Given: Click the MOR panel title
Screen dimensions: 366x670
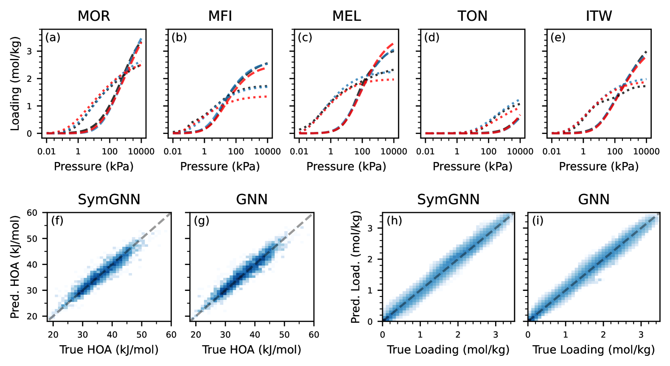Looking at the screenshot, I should click(x=94, y=16).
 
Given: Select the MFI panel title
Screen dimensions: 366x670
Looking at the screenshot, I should click(x=220, y=16).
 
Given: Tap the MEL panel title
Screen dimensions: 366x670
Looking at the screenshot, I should click(x=346, y=16).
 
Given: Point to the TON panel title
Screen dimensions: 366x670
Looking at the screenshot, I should click(x=472, y=16).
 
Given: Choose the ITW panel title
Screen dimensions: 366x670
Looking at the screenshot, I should click(x=599, y=16).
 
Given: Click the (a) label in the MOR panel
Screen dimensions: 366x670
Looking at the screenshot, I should click(x=53, y=38).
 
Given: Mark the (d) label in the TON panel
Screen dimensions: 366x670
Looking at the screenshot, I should click(x=432, y=38).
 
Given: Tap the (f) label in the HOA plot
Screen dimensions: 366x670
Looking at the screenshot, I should click(x=57, y=221).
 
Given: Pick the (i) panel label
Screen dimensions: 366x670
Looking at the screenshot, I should click(x=538, y=221).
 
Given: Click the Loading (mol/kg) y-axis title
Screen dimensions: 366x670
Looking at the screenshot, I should click(x=15, y=84).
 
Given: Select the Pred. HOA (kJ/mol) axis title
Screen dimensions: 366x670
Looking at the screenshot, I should click(x=15, y=267).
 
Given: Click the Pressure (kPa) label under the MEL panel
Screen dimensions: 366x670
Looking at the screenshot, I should click(x=346, y=166).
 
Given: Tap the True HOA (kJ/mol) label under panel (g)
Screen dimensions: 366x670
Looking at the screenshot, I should click(x=252, y=349).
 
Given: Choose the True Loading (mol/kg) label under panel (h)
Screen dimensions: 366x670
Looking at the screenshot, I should click(x=448, y=349).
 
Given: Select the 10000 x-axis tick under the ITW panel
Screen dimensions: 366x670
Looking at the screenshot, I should click(x=646, y=151).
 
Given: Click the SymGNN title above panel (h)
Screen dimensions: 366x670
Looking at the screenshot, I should click(x=448, y=199).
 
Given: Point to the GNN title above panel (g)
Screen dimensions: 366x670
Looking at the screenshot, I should click(x=252, y=199).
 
